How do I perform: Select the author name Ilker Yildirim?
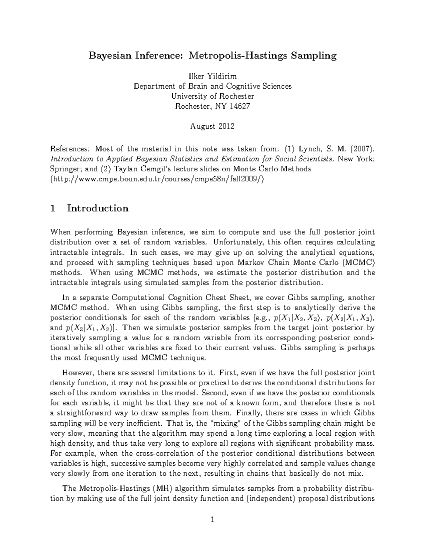tap(212, 76)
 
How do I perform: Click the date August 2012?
tap(212, 126)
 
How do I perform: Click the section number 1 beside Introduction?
tap(53, 208)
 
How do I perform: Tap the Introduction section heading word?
tap(98, 208)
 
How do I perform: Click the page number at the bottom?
tap(212, 520)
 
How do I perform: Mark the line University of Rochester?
tap(212, 96)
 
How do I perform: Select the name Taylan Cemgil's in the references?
tap(121, 169)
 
